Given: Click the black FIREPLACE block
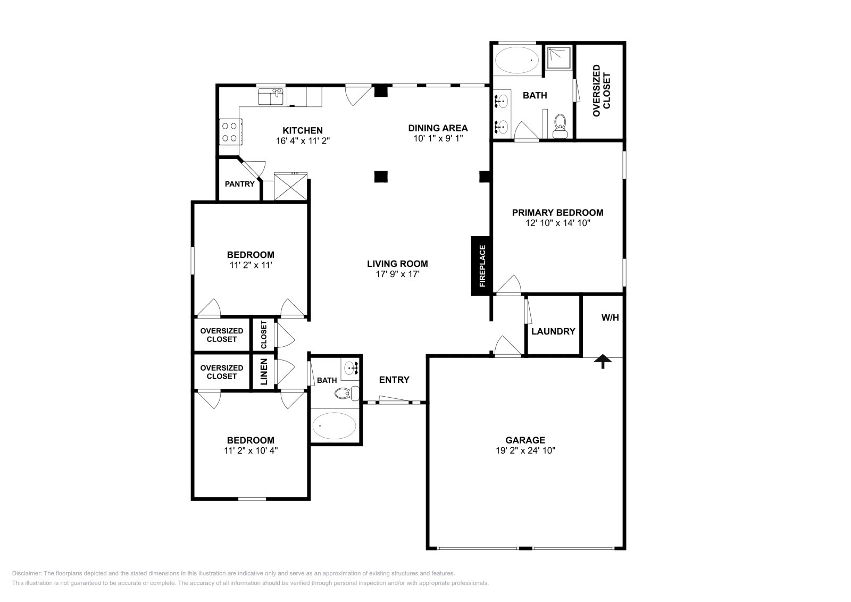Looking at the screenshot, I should (x=482, y=266).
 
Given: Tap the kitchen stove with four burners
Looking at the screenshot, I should (x=230, y=132).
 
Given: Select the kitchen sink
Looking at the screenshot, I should (x=271, y=97).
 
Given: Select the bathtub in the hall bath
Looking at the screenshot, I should (x=335, y=425).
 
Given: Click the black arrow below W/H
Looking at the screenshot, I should (x=603, y=362).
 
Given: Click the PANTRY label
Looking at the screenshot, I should (x=239, y=184).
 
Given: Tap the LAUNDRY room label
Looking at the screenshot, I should (x=553, y=331).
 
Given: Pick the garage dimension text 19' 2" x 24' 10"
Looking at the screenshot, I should (x=525, y=450).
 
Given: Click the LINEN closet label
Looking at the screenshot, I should (x=264, y=372).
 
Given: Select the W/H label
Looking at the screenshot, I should (x=610, y=317).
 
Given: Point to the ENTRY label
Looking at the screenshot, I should (x=394, y=380).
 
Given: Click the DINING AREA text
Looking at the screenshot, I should (x=438, y=128).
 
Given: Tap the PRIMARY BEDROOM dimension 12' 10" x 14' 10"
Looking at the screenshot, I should (x=557, y=223).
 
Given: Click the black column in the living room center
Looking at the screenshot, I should (x=380, y=177).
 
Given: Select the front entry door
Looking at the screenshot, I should (x=394, y=400).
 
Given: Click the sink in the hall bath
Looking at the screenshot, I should (x=351, y=367).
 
